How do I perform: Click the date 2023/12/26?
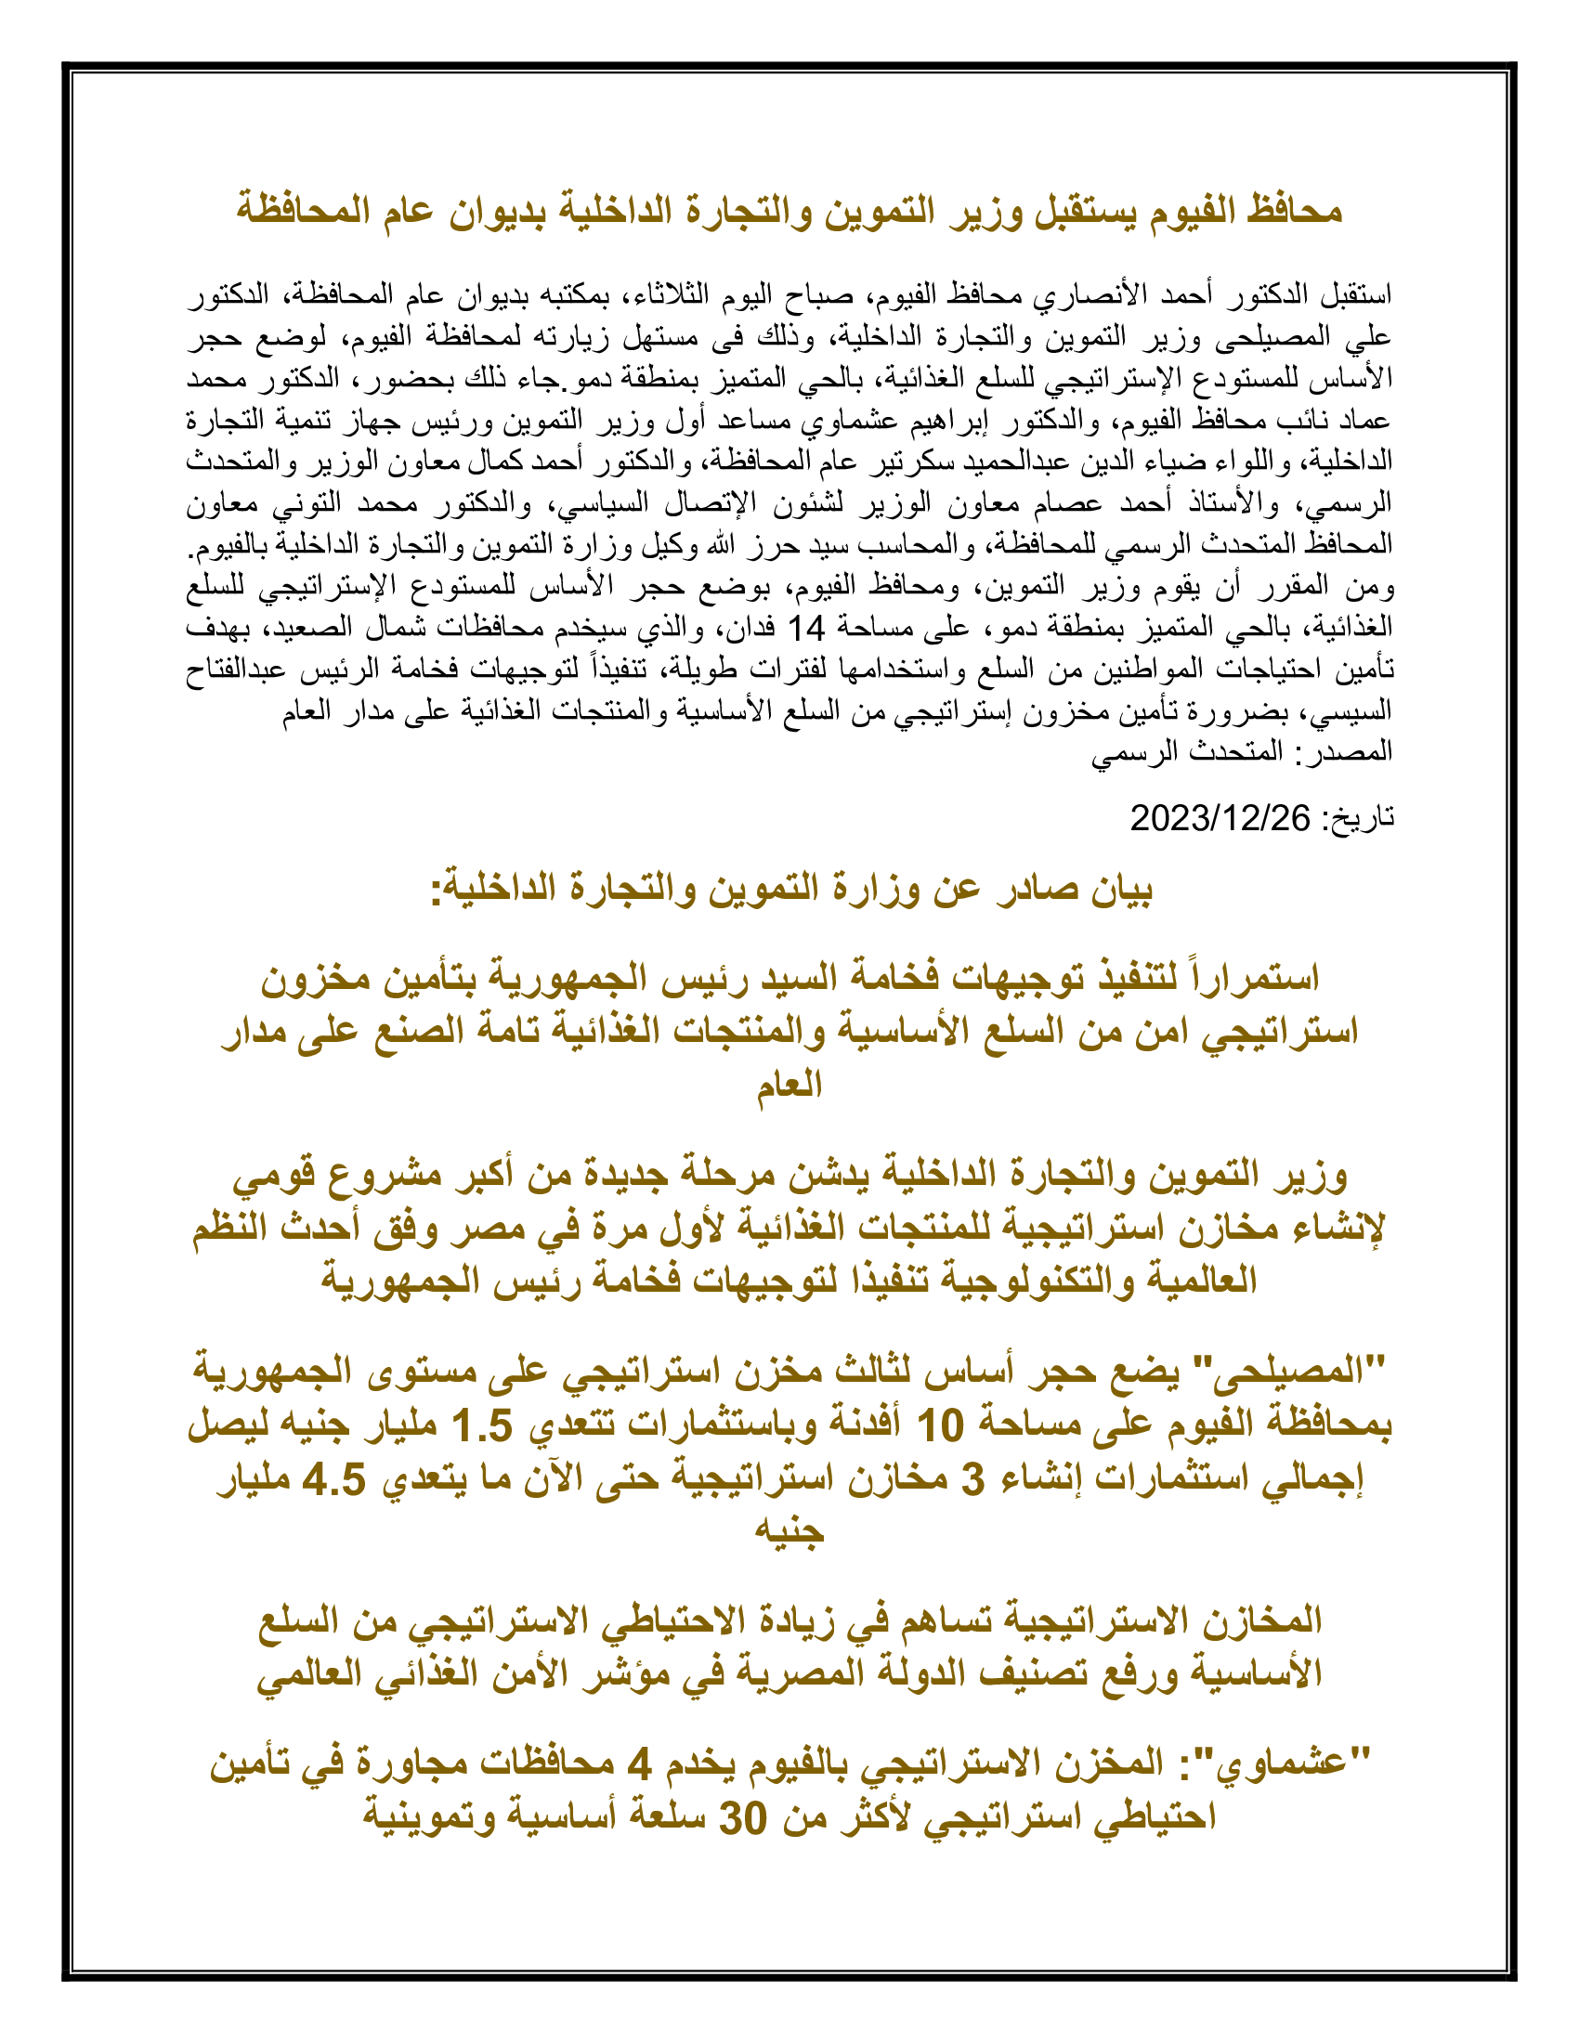click(x=1220, y=818)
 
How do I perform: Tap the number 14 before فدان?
click(x=805, y=628)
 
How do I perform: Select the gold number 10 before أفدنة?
click(x=940, y=1425)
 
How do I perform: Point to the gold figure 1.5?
click(x=483, y=1425)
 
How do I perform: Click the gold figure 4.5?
click(x=334, y=1479)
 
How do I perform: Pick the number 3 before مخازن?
click(x=973, y=1479)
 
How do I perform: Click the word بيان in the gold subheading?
click(x=1122, y=889)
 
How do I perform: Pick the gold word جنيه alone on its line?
click(x=789, y=1532)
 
